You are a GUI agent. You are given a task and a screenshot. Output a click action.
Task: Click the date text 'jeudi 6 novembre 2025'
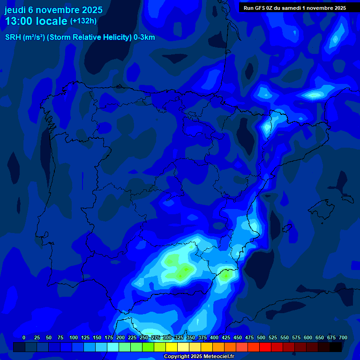(x=53, y=10)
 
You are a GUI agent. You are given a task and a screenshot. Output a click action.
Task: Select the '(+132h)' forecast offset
(x=83, y=21)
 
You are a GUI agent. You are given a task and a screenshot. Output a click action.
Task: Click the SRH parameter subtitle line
(x=80, y=37)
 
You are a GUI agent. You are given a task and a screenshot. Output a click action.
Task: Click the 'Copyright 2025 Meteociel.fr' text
(x=199, y=357)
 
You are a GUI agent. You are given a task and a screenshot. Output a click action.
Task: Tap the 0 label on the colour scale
(x=24, y=338)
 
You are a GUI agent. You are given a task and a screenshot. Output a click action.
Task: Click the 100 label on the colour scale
(x=74, y=338)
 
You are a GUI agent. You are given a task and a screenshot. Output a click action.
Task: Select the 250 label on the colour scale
(x=144, y=338)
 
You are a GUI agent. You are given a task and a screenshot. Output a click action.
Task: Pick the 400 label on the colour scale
(x=214, y=338)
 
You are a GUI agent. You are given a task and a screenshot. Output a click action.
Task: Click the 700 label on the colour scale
(x=343, y=338)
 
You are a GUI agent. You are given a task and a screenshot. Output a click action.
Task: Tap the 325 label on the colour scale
(x=179, y=338)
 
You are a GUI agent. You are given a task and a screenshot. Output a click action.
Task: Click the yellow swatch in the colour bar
(x=172, y=347)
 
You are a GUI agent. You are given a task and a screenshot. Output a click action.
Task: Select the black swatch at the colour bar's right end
(x=336, y=347)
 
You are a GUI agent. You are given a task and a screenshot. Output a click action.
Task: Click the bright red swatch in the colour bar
(x=265, y=347)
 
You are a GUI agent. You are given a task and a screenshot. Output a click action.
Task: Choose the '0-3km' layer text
(x=144, y=37)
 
